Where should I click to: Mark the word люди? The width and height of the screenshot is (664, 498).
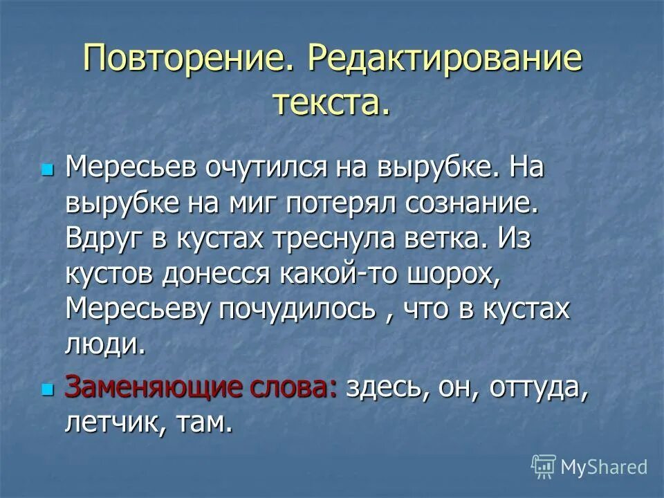tap(105, 344)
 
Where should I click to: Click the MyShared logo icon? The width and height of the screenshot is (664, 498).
tap(544, 467)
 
